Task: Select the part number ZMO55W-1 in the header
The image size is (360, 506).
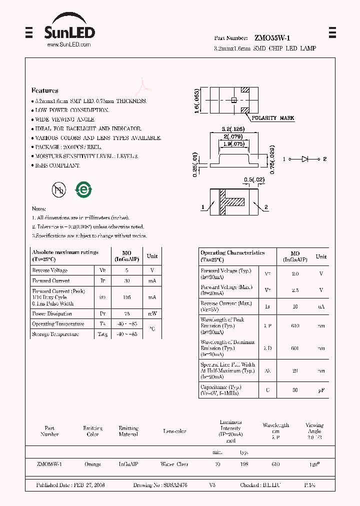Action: click(x=272, y=38)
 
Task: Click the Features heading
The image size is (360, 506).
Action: click(x=44, y=90)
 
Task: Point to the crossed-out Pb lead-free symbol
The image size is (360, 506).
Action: click(x=58, y=189)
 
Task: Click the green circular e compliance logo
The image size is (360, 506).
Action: click(x=82, y=189)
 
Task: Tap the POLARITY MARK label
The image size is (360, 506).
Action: click(x=272, y=118)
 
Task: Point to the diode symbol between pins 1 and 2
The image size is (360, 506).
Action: click(x=304, y=158)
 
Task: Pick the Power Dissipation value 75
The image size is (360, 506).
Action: click(x=127, y=314)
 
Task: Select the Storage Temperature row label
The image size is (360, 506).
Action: click(x=55, y=334)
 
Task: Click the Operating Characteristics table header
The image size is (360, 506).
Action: click(x=232, y=253)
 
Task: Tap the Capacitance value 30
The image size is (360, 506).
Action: click(x=295, y=390)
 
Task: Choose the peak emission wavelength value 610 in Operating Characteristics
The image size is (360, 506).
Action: click(x=295, y=326)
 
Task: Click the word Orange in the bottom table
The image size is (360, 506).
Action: click(x=92, y=464)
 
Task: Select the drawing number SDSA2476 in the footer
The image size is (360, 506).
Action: click(x=175, y=485)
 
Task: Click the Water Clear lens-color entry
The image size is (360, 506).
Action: click(x=174, y=464)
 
